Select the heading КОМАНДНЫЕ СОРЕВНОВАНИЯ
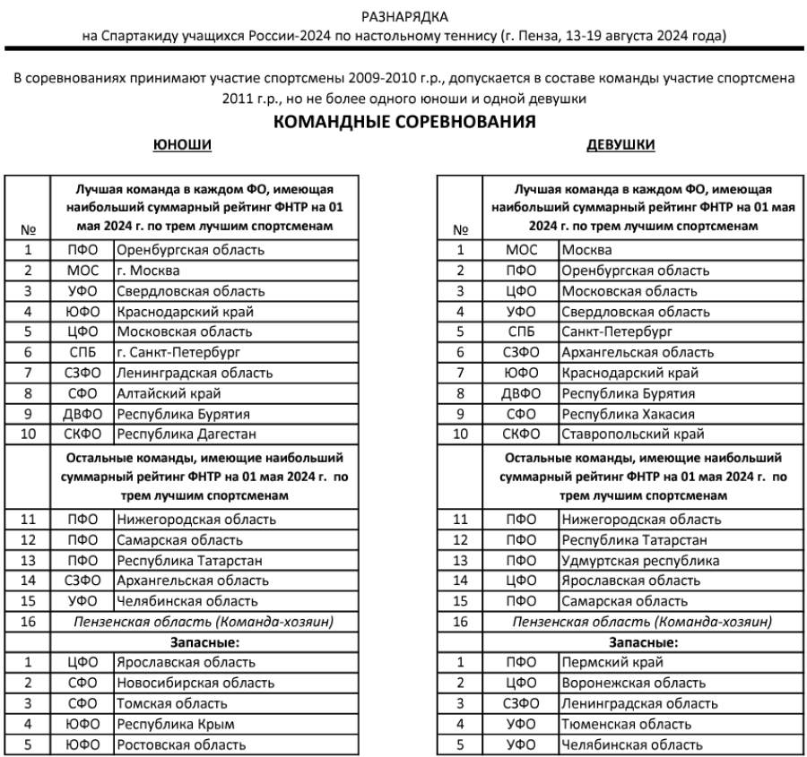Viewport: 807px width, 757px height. click(403, 124)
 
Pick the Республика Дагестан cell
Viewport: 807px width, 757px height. click(174, 434)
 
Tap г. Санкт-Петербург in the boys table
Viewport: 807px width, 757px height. click(178, 352)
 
